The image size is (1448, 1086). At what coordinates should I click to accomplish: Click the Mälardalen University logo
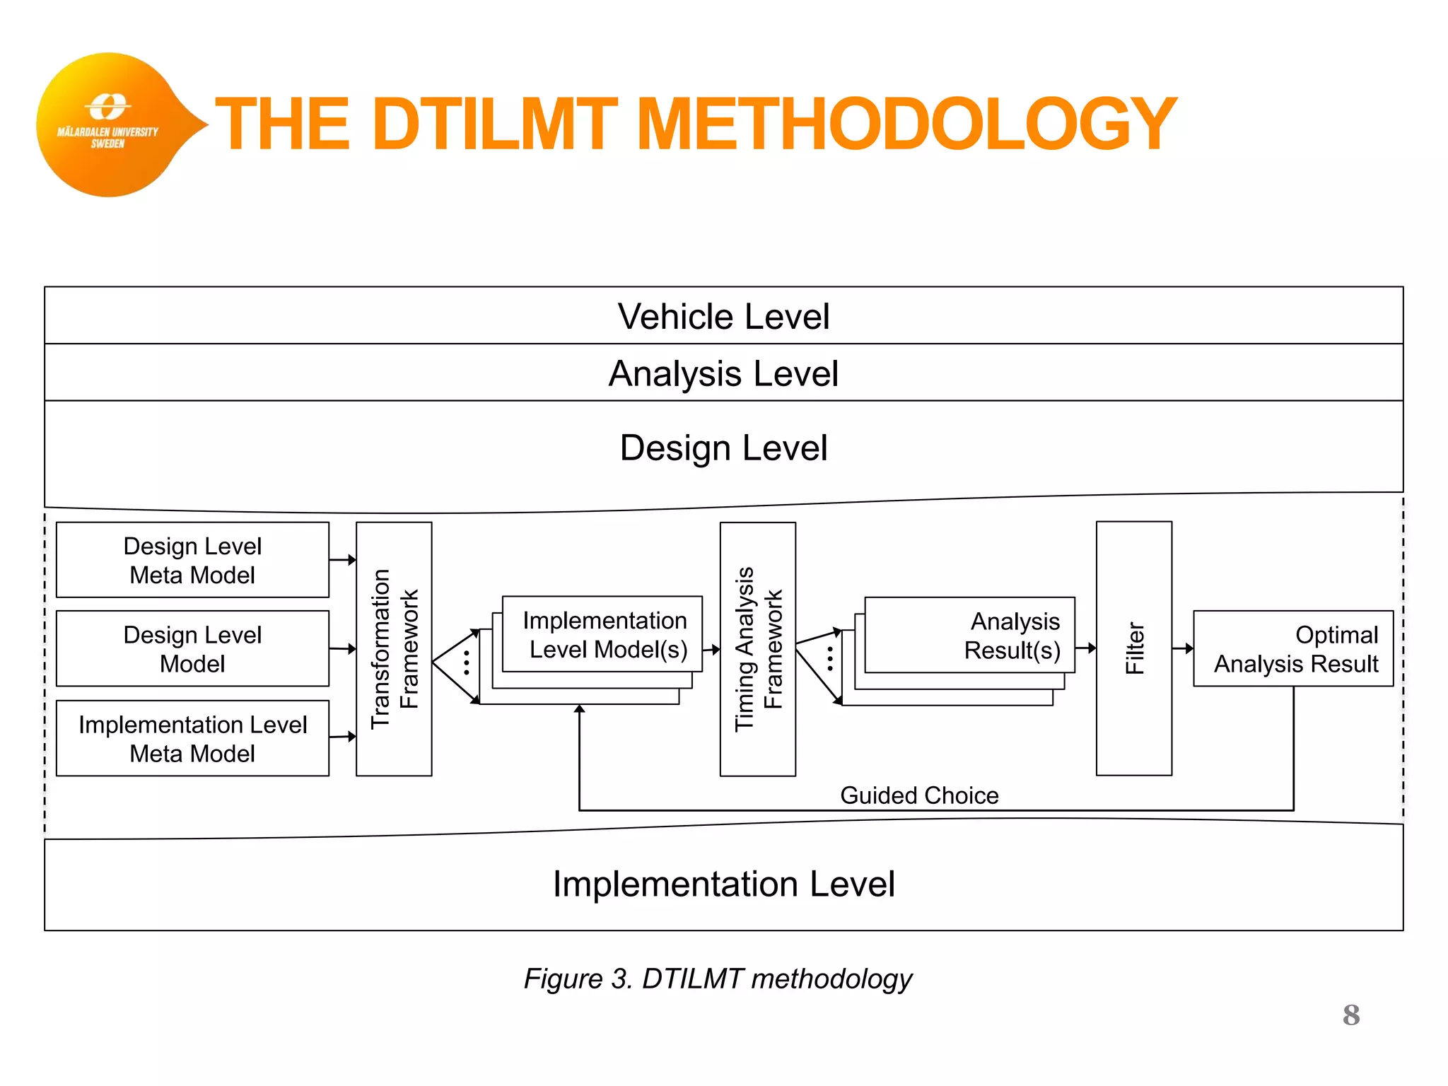pyautogui.click(x=108, y=124)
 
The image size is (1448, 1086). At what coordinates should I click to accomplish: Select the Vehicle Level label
pyautogui.click(x=723, y=316)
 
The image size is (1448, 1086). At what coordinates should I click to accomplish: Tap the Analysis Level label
pyautogui.click(x=723, y=373)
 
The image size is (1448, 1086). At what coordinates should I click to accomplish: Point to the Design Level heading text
pyautogui.click(x=723, y=448)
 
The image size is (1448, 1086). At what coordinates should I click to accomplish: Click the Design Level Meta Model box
pyautogui.click(x=192, y=560)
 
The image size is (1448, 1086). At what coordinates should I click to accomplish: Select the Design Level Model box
pyautogui.click(x=192, y=649)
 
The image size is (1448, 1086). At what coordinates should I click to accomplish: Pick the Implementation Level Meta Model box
pyautogui.click(x=192, y=738)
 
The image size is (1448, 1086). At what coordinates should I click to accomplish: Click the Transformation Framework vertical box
pyautogui.click(x=394, y=649)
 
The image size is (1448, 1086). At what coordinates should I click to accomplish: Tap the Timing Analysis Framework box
pyautogui.click(x=757, y=649)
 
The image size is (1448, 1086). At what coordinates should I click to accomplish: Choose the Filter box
pyautogui.click(x=1133, y=649)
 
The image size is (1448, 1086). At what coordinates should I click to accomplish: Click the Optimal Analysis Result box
pyautogui.click(x=1293, y=649)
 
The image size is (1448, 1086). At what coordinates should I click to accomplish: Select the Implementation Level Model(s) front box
pyautogui.click(x=602, y=634)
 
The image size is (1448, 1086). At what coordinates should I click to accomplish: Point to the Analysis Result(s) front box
pyautogui.click(x=969, y=635)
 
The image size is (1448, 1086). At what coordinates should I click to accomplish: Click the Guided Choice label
pyautogui.click(x=918, y=795)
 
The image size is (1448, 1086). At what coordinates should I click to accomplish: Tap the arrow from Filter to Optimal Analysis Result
pyautogui.click(x=1182, y=648)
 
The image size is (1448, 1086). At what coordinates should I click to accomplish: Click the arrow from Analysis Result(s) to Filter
pyautogui.click(x=1085, y=648)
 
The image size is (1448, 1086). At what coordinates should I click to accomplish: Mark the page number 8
pyautogui.click(x=1350, y=1015)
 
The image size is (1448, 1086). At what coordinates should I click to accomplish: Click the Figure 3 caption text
pyautogui.click(x=718, y=979)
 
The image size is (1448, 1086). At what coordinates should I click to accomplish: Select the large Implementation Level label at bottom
pyautogui.click(x=723, y=884)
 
